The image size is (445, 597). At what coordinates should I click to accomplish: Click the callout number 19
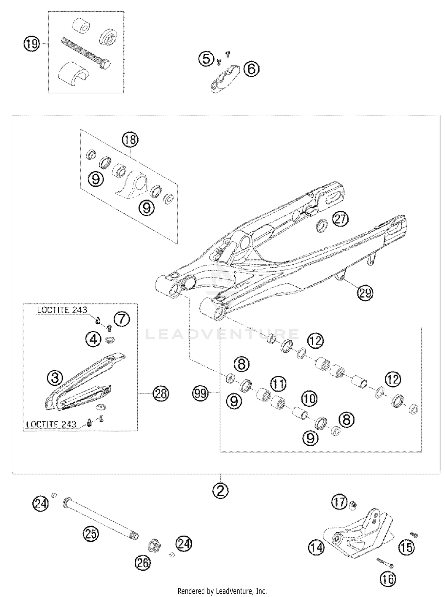[31, 44]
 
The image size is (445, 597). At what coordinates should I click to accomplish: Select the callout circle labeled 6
[251, 69]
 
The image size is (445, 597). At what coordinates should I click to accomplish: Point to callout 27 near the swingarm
[340, 219]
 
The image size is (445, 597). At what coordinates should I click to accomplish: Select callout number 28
[161, 394]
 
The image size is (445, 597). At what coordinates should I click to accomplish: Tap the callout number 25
[91, 534]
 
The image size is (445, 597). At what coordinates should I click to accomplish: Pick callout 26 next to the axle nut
[143, 563]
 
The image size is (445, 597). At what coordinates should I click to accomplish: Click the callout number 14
[316, 547]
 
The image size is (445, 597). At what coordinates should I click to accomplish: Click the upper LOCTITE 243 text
[62, 310]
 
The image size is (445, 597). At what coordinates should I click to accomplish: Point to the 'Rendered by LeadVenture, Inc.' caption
[222, 591]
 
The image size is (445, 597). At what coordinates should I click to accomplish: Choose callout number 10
[309, 398]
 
